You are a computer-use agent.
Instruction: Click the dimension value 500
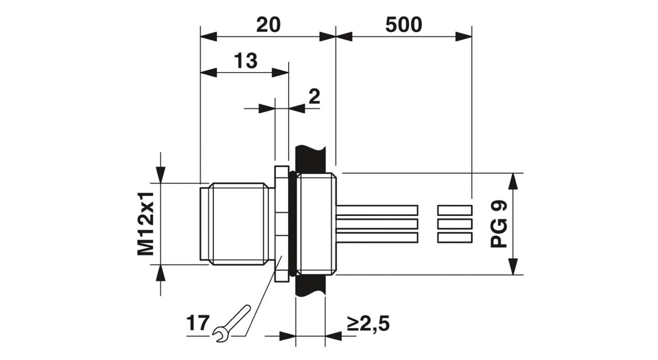pos(403,25)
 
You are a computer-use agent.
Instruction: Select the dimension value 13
pos(245,61)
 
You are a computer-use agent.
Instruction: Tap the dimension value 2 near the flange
pos(314,97)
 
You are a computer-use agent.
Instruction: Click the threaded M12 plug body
pos(237,223)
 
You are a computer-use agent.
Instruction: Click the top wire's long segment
pos(377,210)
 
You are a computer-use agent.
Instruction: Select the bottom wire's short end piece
pos(454,237)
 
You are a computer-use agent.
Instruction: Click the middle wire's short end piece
pos(454,224)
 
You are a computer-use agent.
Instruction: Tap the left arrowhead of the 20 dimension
pos(209,36)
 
